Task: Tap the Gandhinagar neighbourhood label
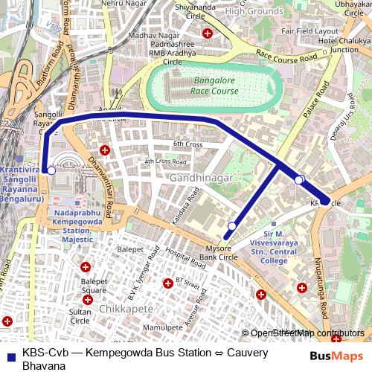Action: coord(201,179)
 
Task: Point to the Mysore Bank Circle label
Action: coord(222,252)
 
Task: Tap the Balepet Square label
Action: coord(94,286)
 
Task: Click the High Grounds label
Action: coord(255,11)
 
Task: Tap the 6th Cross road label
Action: coord(187,144)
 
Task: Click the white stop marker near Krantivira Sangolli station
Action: coord(51,171)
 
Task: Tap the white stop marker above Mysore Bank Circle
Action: coord(232,226)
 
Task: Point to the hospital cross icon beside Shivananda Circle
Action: coord(208,33)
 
